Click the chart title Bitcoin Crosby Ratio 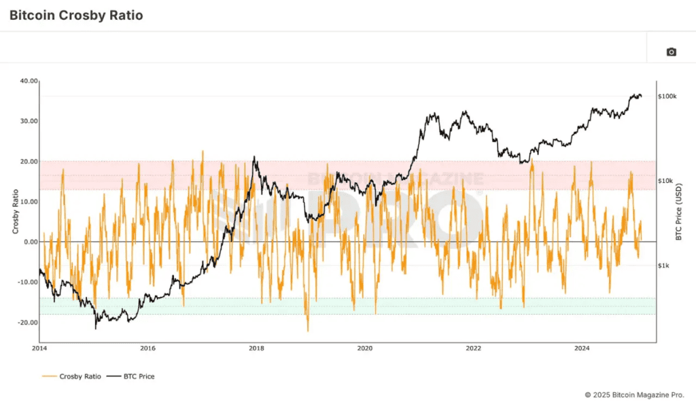[76, 15]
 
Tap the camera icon [672, 52]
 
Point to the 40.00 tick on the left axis [29, 81]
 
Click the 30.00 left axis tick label [29, 121]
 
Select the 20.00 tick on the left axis [29, 161]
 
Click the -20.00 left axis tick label [28, 323]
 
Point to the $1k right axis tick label [664, 266]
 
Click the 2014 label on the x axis [39, 349]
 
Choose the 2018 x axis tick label [256, 349]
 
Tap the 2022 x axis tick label [474, 349]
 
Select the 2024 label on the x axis [582, 349]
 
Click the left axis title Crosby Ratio [16, 211]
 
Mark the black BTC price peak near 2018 [254, 157]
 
